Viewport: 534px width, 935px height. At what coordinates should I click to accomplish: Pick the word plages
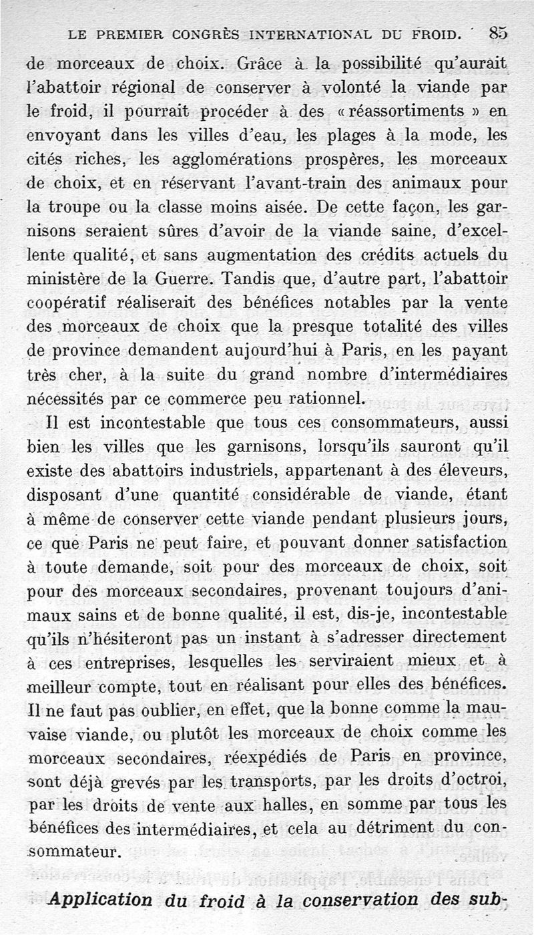pyautogui.click(x=357, y=135)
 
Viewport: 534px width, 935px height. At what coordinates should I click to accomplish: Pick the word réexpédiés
pyautogui.click(x=286, y=757)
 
